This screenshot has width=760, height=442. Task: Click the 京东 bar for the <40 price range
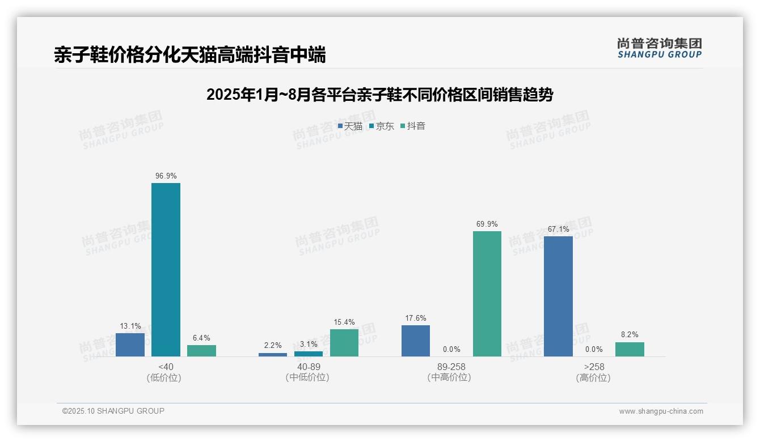tap(166, 270)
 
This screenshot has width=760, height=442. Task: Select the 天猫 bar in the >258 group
tap(558, 296)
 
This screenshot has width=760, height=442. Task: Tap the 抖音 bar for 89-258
tap(487, 294)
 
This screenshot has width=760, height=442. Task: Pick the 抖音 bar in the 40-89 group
tap(344, 343)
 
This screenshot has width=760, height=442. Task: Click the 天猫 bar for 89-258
tap(416, 341)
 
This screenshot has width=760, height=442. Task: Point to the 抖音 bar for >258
tap(630, 349)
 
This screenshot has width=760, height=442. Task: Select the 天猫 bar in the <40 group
tap(130, 345)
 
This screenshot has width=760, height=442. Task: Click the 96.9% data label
tap(166, 176)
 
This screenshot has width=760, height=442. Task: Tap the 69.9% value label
tap(487, 224)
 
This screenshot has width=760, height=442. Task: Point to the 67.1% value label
tap(558, 229)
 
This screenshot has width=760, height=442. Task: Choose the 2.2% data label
tap(273, 346)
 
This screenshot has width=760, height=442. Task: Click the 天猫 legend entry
tap(350, 126)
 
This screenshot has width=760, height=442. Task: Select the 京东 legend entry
tap(381, 126)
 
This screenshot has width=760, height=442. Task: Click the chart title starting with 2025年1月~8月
tap(379, 95)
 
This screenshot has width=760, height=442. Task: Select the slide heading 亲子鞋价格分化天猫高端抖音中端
tap(190, 55)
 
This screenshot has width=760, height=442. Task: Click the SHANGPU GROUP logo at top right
tap(659, 48)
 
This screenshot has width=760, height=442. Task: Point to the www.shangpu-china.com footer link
tap(661, 411)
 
